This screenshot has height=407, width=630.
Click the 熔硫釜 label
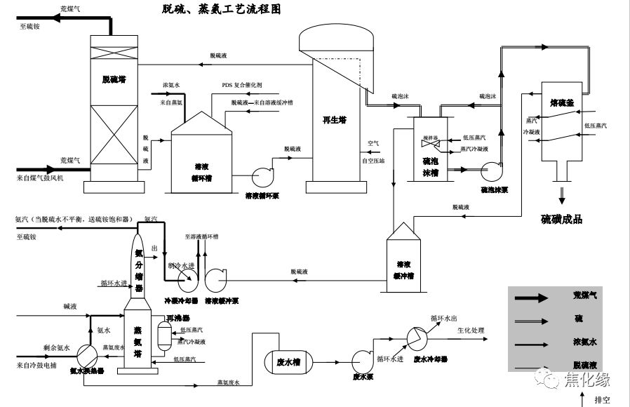[x=562, y=102]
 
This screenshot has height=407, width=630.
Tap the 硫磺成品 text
[x=562, y=220]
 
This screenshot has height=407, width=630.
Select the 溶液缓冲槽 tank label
[x=404, y=269]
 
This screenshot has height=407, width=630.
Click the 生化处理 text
[x=471, y=330]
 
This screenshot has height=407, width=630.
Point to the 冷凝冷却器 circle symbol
[x=188, y=282]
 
